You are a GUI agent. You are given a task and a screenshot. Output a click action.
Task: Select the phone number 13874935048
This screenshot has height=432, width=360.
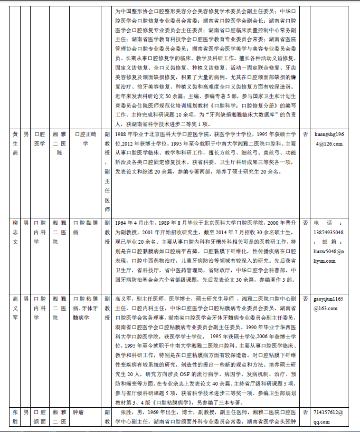[329, 233]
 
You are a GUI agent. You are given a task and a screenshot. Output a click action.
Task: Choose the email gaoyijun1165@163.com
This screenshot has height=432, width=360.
[329, 303]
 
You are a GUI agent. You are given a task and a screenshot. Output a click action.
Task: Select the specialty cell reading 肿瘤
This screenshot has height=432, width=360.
[78, 412]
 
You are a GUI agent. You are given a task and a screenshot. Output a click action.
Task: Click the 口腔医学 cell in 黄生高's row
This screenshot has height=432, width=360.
[40, 139]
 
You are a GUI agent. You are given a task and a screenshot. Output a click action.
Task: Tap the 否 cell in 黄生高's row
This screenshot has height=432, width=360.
[305, 135]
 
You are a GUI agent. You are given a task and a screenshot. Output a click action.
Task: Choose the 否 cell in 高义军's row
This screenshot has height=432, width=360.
[305, 299]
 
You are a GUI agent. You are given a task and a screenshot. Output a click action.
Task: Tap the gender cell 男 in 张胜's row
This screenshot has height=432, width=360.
[26, 412]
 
